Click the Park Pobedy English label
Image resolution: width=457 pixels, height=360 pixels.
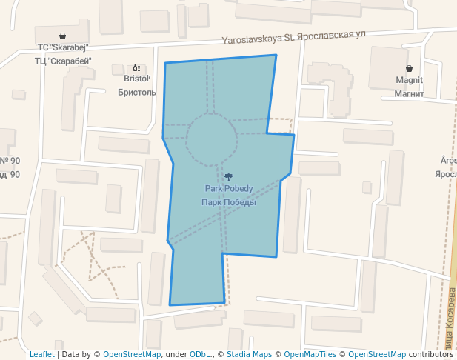point(229,189)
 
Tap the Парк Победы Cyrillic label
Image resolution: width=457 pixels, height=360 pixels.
point(229,202)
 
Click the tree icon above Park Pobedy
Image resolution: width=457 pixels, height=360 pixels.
point(229,177)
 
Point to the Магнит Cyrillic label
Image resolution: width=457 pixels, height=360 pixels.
point(409,93)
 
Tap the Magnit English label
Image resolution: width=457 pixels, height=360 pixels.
point(409,80)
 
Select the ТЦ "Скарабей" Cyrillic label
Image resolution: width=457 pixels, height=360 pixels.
point(62,61)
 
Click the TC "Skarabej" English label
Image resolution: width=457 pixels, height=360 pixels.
point(62,48)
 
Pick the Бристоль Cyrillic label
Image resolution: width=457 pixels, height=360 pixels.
point(137,92)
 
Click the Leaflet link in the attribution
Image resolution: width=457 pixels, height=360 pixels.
point(41,354)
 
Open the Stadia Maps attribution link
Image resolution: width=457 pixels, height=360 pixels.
point(248,354)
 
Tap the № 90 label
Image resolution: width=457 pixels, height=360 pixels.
point(10,161)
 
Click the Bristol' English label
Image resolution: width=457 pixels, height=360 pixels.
point(137,79)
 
